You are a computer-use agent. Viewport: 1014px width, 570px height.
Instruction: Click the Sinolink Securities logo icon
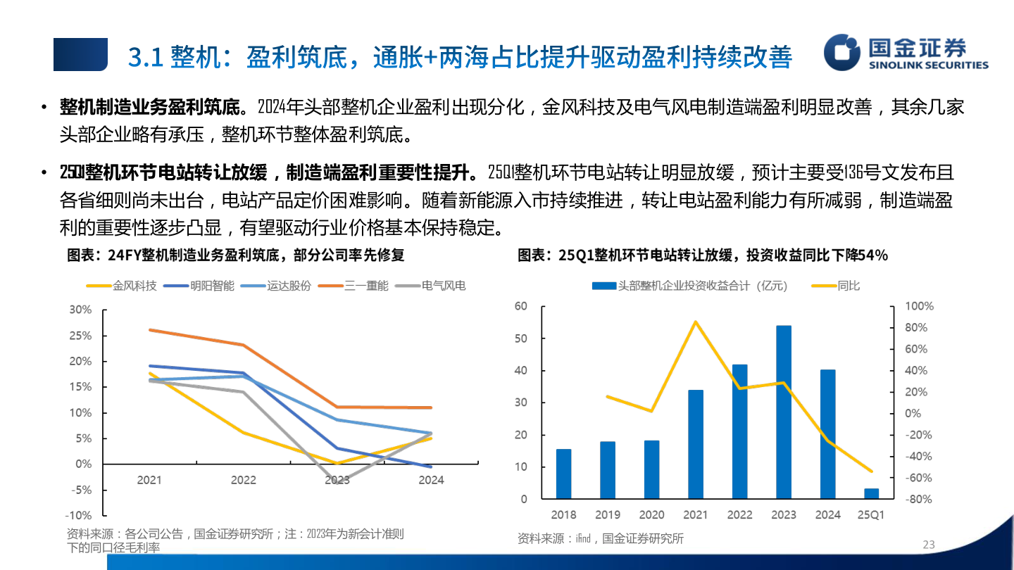click(843, 53)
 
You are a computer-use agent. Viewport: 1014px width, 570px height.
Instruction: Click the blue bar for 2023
click(784, 412)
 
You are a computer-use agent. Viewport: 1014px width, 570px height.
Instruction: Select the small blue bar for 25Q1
click(872, 493)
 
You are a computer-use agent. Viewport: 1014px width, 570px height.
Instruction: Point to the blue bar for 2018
click(564, 474)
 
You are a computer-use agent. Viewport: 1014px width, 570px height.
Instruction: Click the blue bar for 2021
click(696, 444)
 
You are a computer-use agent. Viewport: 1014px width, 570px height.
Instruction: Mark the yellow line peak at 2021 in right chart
click(696, 322)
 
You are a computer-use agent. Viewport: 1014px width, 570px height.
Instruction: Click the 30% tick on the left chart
click(80, 310)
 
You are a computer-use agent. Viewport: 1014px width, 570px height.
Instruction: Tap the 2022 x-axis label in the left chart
click(244, 480)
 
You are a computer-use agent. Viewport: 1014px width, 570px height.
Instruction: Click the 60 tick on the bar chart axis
click(521, 306)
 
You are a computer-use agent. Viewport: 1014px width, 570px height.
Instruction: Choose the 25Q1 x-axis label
click(872, 515)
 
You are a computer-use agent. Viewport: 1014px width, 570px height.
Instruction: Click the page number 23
click(928, 545)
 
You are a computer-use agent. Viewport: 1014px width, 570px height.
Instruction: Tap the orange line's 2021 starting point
click(150, 329)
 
